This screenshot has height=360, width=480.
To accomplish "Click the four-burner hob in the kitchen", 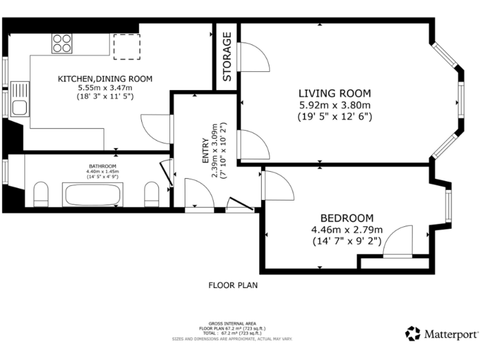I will (x=61, y=42).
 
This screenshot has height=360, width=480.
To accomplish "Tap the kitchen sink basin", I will (x=19, y=107).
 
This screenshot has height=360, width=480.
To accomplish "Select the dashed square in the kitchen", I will (x=126, y=46).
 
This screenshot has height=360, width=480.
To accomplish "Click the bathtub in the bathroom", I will (x=91, y=194).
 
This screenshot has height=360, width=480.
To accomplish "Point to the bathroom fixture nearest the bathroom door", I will (x=152, y=194).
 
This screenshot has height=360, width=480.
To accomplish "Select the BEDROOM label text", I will (x=347, y=218).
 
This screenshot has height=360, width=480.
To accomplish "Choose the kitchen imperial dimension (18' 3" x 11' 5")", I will (x=105, y=96).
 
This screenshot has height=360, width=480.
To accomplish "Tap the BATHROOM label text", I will (x=103, y=166).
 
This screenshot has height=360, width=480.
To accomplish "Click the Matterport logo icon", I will (x=412, y=334).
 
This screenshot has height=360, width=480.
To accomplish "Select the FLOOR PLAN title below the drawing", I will (x=232, y=285).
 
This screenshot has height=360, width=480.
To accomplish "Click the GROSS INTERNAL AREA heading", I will (x=232, y=322).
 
